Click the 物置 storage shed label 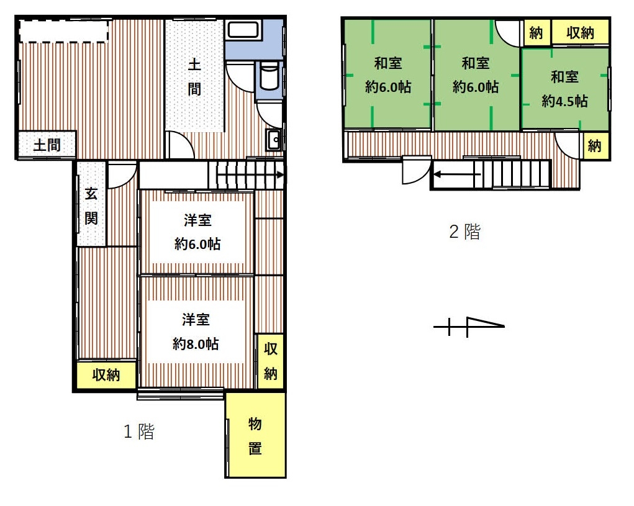pos(255,436)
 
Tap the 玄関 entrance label pos(91,206)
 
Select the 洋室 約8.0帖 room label pos(196,332)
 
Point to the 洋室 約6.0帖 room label pos(197,232)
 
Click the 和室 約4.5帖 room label pos(564,89)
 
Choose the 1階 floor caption pos(138,431)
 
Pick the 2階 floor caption pos(464,232)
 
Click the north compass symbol pos(469,326)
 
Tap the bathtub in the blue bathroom pos(243,30)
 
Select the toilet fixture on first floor pos(269,76)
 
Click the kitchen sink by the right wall pos(274,140)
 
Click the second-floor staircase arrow pos(457,174)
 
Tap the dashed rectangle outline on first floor pos(63,30)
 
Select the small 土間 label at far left pos(47,145)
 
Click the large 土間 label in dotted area pos(194,77)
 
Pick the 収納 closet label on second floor pos(580,32)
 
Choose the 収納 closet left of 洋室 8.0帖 pos(106,374)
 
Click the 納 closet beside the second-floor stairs pos(594,145)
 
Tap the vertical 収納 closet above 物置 pos(271,361)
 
